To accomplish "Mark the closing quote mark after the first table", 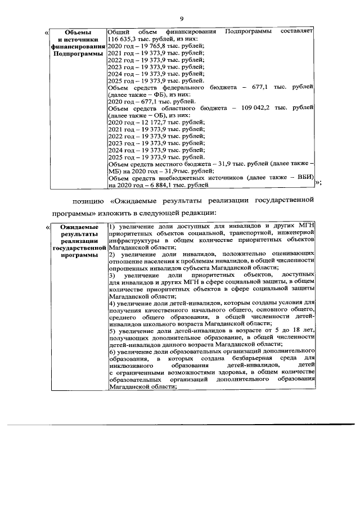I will coord(318,181).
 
